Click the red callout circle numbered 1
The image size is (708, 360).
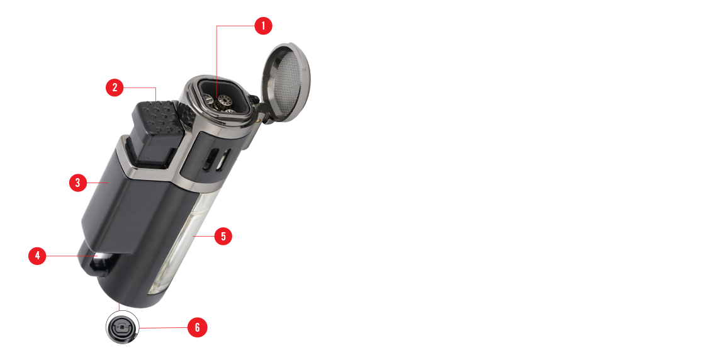pos(263,26)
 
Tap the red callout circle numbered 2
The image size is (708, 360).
pos(115,87)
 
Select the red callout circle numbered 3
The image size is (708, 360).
pos(77,183)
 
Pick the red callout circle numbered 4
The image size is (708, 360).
pos(37,256)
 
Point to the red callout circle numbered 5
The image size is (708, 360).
pos(223,236)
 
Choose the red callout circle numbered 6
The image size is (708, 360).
pos(198,327)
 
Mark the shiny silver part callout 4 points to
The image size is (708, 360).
pos(101,259)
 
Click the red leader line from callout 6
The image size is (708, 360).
pos(163,327)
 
